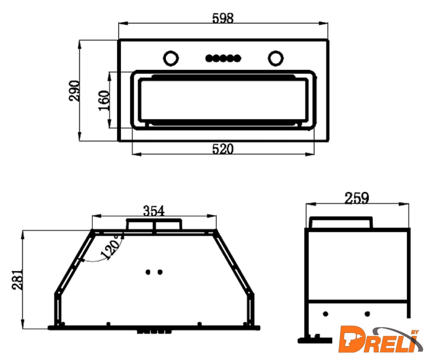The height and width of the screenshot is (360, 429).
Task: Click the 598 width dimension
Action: point(223,19)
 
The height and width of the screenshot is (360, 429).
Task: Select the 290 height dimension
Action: point(74,91)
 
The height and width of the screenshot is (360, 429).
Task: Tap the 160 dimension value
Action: point(104,101)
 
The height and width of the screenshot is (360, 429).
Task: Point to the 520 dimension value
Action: point(223,149)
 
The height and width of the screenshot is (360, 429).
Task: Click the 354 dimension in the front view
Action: point(154,211)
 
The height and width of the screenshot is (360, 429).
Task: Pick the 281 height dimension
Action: point(17,280)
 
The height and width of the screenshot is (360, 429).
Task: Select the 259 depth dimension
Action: point(357,198)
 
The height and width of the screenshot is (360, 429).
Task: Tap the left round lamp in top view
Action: point(171,58)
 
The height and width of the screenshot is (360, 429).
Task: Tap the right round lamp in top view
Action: point(276,58)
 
